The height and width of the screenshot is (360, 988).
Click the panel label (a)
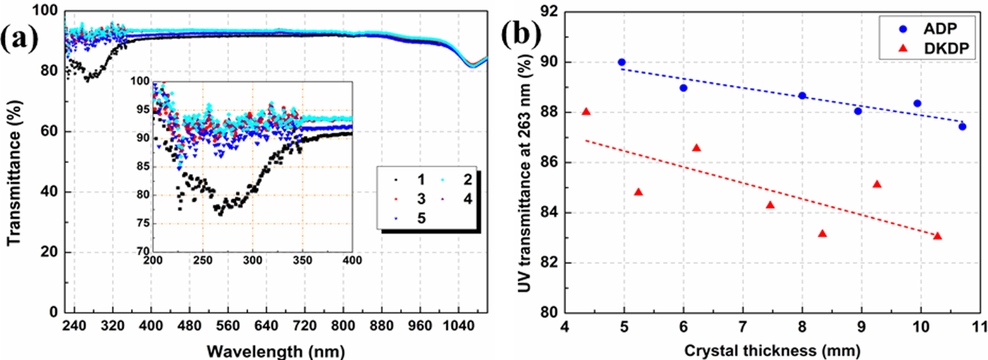(x=19, y=39)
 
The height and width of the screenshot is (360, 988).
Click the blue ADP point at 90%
(x=622, y=63)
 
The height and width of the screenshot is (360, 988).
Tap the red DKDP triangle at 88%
(x=586, y=111)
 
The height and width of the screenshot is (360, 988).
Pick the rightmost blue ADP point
(x=962, y=126)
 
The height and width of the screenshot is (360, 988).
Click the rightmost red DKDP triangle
(x=937, y=236)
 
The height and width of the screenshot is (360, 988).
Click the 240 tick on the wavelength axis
(x=74, y=326)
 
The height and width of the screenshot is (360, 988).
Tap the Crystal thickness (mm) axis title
(x=772, y=350)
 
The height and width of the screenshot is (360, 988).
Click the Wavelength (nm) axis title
(x=276, y=351)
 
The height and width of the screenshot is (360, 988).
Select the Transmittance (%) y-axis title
(x=14, y=172)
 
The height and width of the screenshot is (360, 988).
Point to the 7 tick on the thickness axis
(x=742, y=326)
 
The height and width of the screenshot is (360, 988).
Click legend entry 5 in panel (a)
(x=421, y=218)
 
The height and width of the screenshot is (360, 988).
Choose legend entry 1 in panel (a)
(x=421, y=180)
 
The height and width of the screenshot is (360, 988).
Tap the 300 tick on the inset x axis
(x=252, y=261)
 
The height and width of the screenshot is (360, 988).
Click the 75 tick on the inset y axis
(x=142, y=223)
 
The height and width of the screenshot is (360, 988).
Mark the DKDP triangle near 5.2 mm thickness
(x=638, y=192)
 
